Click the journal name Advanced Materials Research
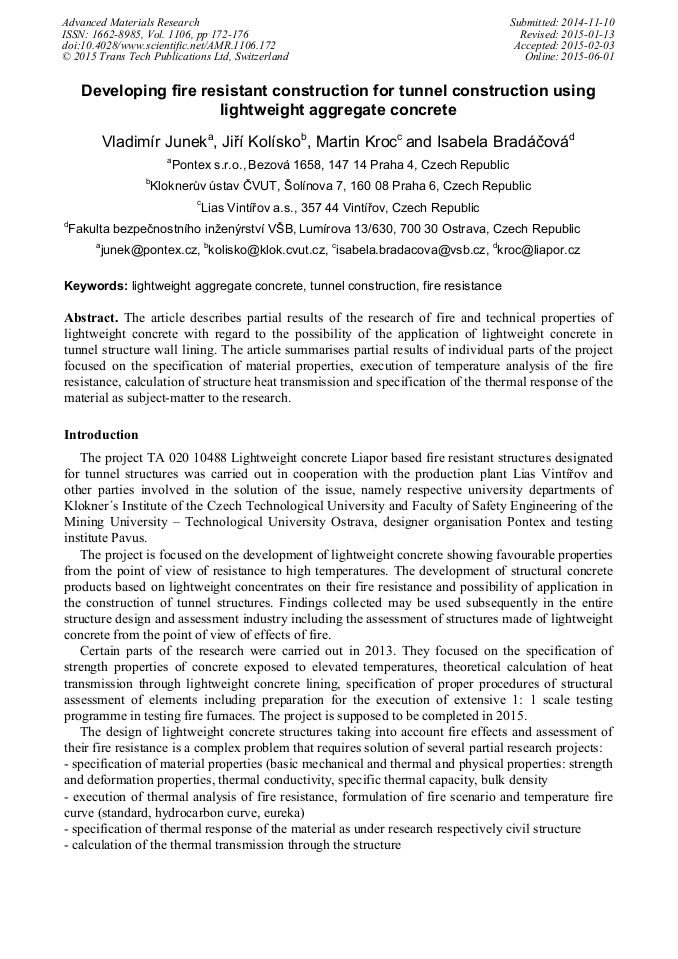click(x=130, y=22)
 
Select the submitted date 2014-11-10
click(x=588, y=22)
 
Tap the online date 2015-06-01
click(x=588, y=57)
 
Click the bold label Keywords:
click(x=96, y=286)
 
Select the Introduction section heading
click(x=101, y=435)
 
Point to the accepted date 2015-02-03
click(x=588, y=46)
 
